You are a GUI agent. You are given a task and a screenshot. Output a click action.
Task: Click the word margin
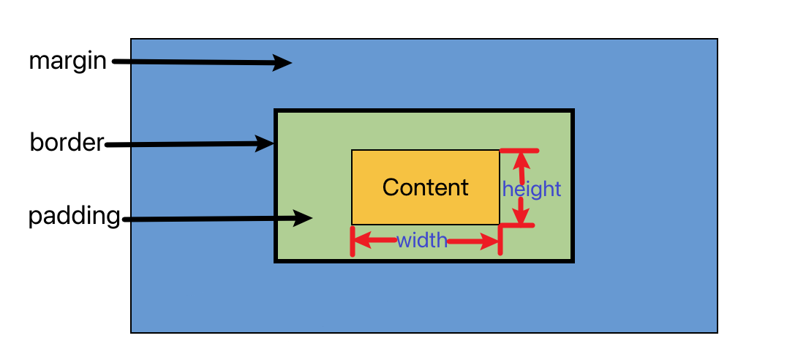coord(68,61)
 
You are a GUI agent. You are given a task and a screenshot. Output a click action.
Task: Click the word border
coord(67,142)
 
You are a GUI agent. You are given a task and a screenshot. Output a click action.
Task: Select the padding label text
coord(74,217)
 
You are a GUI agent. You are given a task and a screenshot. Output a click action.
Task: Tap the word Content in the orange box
coord(425,187)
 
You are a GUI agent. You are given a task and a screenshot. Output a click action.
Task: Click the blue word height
coord(532,190)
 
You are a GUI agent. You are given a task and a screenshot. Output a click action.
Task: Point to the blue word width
coord(422,240)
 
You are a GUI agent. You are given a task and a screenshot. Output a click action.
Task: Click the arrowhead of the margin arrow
coord(284,64)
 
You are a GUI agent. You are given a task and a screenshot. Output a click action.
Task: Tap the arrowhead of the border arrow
coord(266,143)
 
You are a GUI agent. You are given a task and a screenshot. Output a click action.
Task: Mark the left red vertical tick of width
coord(353,241)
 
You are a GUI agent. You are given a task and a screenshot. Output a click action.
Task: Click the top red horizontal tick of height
coord(519,151)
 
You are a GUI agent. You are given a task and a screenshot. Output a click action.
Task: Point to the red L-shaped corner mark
coord(502,227)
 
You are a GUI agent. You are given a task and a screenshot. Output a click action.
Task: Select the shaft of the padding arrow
coord(212,219)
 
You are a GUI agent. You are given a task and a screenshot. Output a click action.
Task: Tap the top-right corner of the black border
coord(573,111)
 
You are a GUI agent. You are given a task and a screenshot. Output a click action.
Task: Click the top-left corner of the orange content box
coord(353,151)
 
